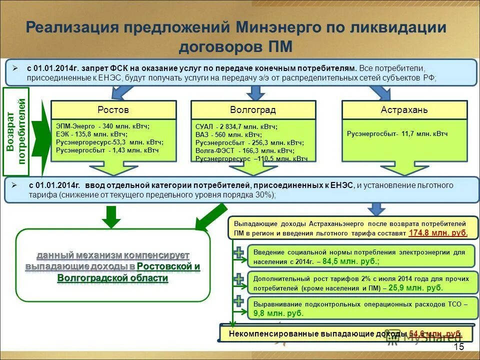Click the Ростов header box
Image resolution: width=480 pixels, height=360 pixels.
pos(113,110)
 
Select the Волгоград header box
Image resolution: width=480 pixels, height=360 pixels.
pos(253,110)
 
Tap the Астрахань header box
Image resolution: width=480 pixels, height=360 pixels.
pos(404,110)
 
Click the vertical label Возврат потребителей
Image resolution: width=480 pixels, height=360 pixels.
pos(16,131)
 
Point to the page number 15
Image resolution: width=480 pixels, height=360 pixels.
pos(458,347)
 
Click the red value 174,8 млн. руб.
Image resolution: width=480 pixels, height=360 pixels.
pos(438,233)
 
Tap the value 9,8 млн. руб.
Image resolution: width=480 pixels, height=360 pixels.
pos(278,313)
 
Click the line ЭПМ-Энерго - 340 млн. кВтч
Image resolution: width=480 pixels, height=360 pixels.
pos(102,126)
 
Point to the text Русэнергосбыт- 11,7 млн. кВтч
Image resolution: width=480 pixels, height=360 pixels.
pos(397,134)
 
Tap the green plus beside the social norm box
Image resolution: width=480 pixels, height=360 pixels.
pos(239,253)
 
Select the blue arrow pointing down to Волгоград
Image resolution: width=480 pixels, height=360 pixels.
pos(256,92)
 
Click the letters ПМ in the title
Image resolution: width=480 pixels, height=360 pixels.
pos(279,47)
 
